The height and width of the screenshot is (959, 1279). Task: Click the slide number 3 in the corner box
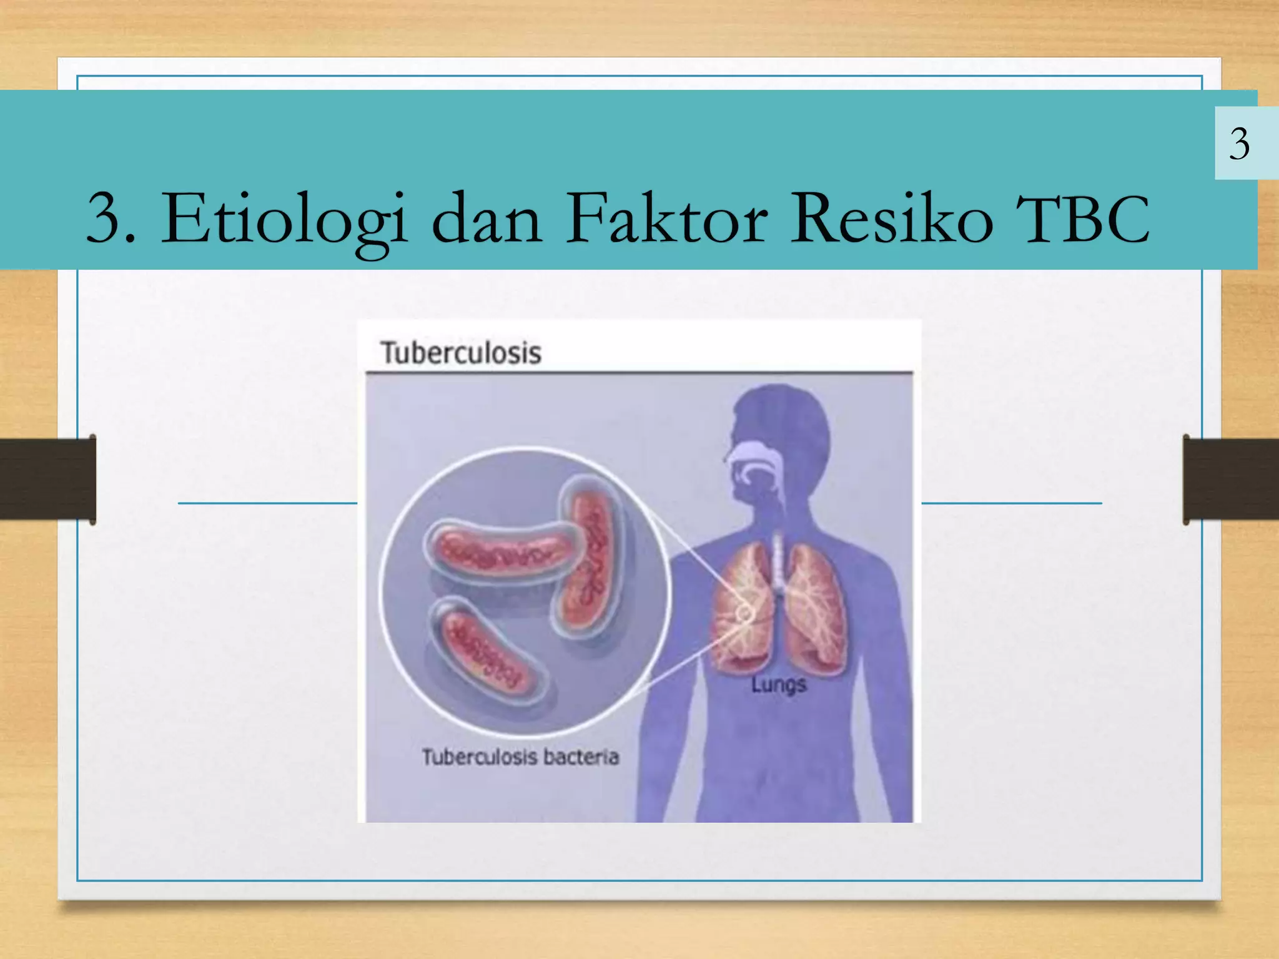[x=1239, y=144]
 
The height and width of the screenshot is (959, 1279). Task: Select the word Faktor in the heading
[x=667, y=219]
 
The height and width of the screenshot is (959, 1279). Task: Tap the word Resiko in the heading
[x=892, y=219]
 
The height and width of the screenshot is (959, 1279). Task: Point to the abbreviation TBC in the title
[x=1082, y=219]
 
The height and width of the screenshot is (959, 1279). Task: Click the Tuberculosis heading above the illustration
[x=461, y=353]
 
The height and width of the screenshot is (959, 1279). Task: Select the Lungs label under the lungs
[x=778, y=685]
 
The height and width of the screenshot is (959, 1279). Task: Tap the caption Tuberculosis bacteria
[x=520, y=757]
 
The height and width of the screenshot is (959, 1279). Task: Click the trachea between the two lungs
[x=778, y=562]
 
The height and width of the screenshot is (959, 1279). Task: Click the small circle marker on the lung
[x=744, y=614]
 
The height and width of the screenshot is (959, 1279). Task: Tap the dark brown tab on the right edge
[x=1230, y=479]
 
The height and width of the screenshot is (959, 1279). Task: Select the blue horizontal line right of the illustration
[x=1012, y=503]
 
